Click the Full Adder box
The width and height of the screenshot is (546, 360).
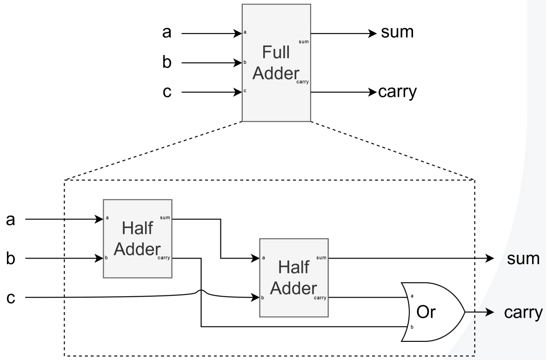[276, 63]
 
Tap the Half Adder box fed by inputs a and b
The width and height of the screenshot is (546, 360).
[138, 239]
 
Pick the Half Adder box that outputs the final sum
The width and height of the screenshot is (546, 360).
[294, 278]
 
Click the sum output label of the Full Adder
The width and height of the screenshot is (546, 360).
[397, 33]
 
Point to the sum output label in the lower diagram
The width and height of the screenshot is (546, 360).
[523, 258]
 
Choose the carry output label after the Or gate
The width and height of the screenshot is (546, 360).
[523, 312]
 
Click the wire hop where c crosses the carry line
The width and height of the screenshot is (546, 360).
[201, 293]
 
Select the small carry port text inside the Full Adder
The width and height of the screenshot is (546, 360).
[302, 81]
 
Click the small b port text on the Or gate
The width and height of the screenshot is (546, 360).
[411, 327]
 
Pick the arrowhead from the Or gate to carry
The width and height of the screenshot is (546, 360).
[489, 312]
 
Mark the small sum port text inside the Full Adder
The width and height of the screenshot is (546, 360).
[304, 41]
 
